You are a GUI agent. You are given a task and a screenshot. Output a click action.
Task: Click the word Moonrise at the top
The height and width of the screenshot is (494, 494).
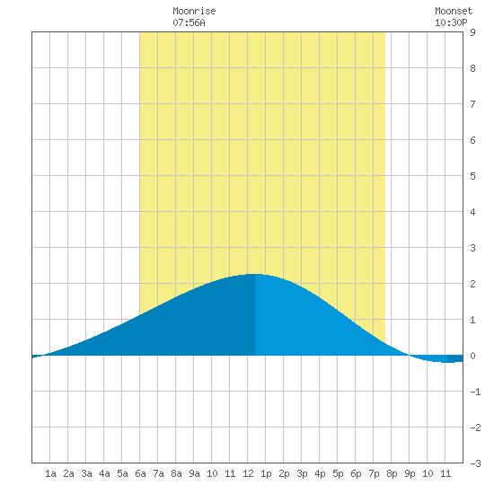tap(194, 12)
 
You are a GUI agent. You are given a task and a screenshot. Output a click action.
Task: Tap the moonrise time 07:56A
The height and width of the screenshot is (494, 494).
tap(189, 22)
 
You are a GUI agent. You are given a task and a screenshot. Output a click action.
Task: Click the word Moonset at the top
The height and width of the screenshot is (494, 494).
tap(454, 12)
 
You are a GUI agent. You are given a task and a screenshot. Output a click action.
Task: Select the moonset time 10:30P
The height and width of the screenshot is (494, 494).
tap(451, 22)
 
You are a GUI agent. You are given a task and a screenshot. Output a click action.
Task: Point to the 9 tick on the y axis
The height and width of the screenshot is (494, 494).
tap(472, 32)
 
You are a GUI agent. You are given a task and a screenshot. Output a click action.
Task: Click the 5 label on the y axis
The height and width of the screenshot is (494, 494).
tap(472, 176)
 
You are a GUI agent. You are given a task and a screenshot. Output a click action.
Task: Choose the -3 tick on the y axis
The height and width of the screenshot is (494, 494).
tap(475, 463)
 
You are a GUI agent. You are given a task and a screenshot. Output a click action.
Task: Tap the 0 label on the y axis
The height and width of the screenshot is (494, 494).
tap(472, 356)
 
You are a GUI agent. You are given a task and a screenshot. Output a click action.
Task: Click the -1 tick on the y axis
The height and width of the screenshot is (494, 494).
tap(475, 392)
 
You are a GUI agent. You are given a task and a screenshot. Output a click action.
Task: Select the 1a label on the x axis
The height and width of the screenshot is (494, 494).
tap(50, 473)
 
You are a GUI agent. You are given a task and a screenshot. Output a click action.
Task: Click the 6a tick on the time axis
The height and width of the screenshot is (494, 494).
tap(140, 473)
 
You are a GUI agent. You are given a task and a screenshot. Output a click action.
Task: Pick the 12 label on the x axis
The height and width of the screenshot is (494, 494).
tap(248, 473)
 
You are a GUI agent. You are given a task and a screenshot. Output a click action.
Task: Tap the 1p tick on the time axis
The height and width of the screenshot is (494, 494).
tap(266, 473)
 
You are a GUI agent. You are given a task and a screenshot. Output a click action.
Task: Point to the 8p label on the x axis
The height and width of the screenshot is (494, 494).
tap(392, 473)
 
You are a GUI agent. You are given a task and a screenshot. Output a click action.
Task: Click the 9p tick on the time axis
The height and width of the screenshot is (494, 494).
tap(410, 473)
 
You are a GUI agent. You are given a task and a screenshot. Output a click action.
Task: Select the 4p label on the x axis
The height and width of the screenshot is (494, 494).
tap(320, 473)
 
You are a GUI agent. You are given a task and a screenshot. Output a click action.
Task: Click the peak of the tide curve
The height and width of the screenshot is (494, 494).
tap(255, 274)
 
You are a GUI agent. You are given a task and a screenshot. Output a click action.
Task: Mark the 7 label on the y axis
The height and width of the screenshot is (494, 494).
tap(472, 104)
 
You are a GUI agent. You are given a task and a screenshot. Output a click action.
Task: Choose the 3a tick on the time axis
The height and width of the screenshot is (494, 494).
tap(86, 473)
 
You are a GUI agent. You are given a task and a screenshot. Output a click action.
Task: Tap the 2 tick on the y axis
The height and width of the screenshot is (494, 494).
tap(472, 284)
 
